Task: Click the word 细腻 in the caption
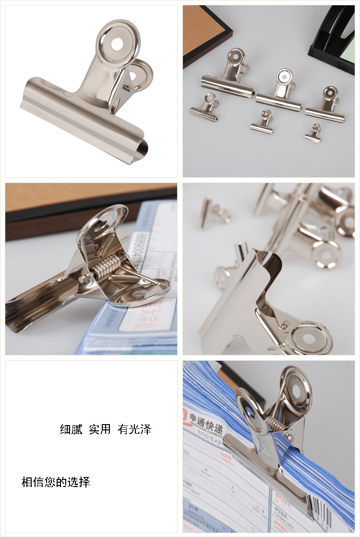click(71, 429)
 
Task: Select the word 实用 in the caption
click(100, 429)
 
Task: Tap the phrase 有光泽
click(134, 429)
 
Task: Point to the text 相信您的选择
click(56, 482)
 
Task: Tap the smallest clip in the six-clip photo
click(314, 133)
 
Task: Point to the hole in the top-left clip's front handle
click(118, 43)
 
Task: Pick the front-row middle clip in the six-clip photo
click(263, 122)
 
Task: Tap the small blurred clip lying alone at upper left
click(214, 212)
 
